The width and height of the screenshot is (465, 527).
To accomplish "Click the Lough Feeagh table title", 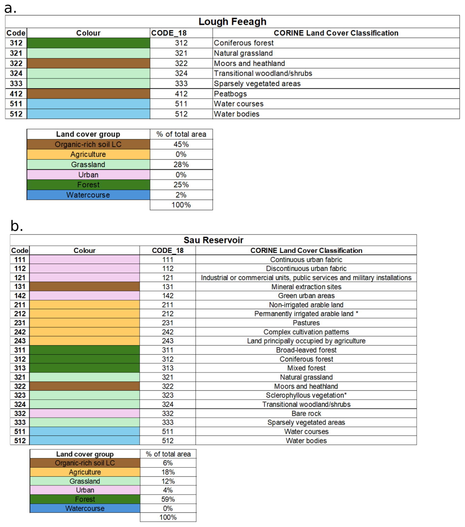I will click(232, 22).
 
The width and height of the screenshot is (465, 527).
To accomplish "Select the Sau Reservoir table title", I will click(213, 240).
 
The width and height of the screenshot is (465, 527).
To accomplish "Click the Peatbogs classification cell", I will click(230, 94).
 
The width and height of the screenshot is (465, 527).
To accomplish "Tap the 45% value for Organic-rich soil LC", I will click(181, 144).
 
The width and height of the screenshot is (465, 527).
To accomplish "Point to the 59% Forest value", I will click(168, 499).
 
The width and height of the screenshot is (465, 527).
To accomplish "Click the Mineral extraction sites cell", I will click(306, 287).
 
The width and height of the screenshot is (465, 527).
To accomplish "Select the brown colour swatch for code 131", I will click(85, 287).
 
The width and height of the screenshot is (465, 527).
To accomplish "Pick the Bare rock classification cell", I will click(306, 414).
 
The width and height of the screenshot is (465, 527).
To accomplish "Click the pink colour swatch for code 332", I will click(85, 414).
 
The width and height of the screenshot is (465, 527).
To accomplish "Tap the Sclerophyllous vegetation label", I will click(306, 395).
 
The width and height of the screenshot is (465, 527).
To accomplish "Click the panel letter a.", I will click(10, 8).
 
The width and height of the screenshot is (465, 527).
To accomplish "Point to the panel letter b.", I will click(16, 226).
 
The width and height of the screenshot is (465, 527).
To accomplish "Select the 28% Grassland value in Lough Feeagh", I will click(181, 165).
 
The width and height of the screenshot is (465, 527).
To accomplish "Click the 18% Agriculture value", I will click(168, 472).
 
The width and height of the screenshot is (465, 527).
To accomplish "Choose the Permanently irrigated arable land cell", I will click(306, 314).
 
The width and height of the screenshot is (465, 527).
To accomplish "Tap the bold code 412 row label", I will click(16, 94).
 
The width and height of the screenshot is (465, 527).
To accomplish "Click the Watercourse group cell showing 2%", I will click(88, 195).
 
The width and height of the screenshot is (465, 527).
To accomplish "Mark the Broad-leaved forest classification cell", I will click(306, 350).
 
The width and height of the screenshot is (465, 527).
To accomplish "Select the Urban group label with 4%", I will click(85, 490).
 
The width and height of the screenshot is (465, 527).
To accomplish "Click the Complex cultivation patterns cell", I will click(306, 332).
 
